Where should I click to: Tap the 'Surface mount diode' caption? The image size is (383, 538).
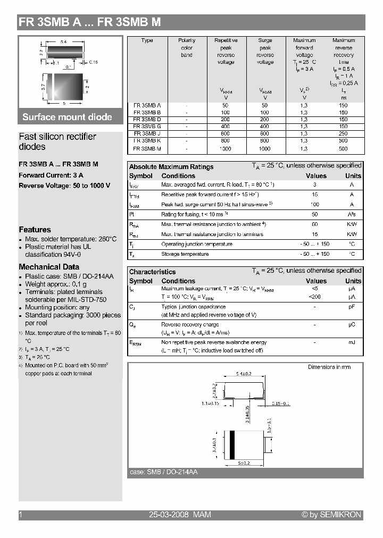click(x=67, y=117)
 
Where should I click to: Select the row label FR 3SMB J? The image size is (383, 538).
click(x=147, y=133)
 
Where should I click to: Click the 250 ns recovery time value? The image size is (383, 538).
click(x=343, y=133)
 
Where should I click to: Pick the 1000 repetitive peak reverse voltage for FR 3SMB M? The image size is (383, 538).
click(x=226, y=149)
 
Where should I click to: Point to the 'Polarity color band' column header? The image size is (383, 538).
click(x=187, y=47)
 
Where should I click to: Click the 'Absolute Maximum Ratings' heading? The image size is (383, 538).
click(x=171, y=166)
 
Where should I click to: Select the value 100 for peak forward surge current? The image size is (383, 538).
click(x=315, y=204)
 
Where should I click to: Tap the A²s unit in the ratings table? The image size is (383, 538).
click(x=352, y=214)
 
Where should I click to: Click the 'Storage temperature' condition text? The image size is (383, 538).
click(x=185, y=254)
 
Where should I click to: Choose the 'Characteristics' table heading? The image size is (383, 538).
click(x=152, y=272)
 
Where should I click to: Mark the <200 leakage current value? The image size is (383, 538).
click(x=315, y=297)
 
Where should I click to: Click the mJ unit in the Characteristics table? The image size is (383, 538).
click(x=352, y=342)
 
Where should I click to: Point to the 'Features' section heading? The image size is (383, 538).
click(x=35, y=230)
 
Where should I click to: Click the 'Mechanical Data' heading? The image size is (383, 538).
click(x=49, y=267)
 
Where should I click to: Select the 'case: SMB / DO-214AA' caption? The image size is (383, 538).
click(x=163, y=472)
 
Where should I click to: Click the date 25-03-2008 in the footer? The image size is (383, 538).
click(x=169, y=515)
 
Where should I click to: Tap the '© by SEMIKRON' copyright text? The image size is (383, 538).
click(x=331, y=515)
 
